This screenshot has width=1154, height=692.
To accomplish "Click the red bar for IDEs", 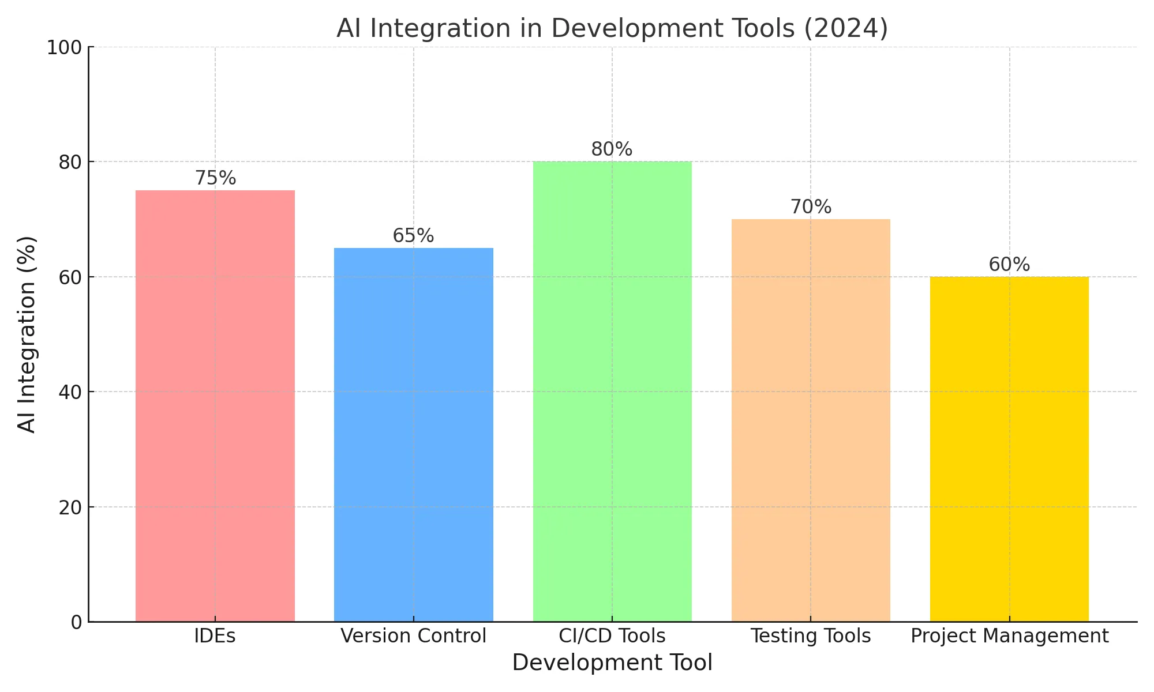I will pyautogui.click(x=215, y=406).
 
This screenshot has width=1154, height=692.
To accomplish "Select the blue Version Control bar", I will pyautogui.click(x=414, y=435).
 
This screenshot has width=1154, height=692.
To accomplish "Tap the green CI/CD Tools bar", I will pyautogui.click(x=612, y=392).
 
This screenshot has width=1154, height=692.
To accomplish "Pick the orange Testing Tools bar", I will pyautogui.click(x=811, y=420).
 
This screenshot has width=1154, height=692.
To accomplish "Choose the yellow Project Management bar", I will pyautogui.click(x=1009, y=449).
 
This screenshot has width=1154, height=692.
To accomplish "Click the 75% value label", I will pyautogui.click(x=215, y=178).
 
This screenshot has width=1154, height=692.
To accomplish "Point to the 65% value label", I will pyautogui.click(x=413, y=236).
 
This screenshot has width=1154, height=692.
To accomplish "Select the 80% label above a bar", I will pyautogui.click(x=612, y=149).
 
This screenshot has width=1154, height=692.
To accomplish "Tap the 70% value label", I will pyautogui.click(x=811, y=207).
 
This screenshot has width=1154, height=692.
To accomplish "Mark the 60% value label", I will pyautogui.click(x=1009, y=265).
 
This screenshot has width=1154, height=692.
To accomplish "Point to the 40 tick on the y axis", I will pyautogui.click(x=70, y=392).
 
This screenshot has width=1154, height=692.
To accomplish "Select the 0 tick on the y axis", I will pyautogui.click(x=77, y=622).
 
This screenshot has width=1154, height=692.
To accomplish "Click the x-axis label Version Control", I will pyautogui.click(x=414, y=636).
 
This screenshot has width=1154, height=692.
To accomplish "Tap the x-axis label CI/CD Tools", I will pyautogui.click(x=612, y=636).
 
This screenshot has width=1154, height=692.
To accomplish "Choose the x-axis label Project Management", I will pyautogui.click(x=1009, y=636).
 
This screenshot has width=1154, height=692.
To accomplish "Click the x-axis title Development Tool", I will pyautogui.click(x=612, y=663).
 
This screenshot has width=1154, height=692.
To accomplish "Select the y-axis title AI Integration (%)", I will pyautogui.click(x=27, y=334).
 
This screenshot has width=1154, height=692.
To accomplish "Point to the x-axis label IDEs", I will pyautogui.click(x=215, y=636).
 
